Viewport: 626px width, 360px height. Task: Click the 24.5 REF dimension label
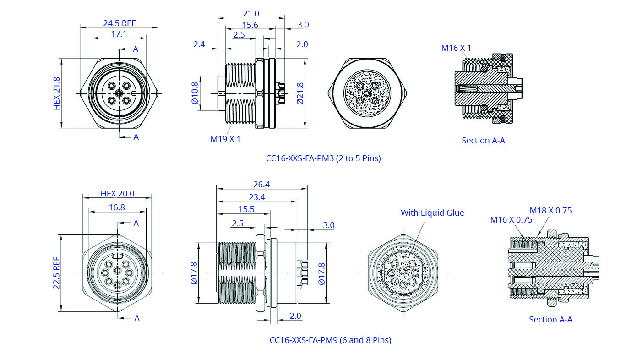[x=119, y=23]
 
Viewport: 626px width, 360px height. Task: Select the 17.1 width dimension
[x=119, y=34]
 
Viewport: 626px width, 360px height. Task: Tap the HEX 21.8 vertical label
[x=57, y=93]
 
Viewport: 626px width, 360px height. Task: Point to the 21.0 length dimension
[x=251, y=14]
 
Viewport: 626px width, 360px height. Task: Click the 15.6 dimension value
[x=250, y=25]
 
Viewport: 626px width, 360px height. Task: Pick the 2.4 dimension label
[x=199, y=44]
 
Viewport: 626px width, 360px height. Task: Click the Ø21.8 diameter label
[x=300, y=93]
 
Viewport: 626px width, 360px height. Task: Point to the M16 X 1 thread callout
[x=456, y=48]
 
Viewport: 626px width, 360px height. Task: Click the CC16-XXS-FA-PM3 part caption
[x=323, y=158]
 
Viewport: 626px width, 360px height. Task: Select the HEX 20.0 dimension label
[x=117, y=193]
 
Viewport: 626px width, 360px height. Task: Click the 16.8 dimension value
[x=117, y=207]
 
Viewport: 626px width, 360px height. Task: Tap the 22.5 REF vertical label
[x=57, y=273]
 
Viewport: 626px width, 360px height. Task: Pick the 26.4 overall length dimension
[x=261, y=185]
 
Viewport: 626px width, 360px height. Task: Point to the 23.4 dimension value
[x=257, y=198]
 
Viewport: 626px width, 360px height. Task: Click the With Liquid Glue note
[x=432, y=213]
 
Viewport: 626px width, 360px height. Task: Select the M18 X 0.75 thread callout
[x=550, y=211]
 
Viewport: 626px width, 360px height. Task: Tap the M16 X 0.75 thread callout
[x=511, y=220]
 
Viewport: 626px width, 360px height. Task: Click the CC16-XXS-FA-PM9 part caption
[x=330, y=340]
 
